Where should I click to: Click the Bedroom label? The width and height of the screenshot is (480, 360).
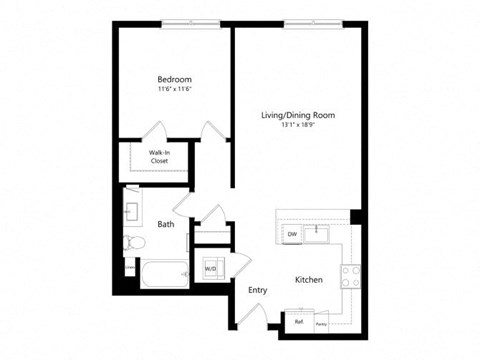pos(173,79)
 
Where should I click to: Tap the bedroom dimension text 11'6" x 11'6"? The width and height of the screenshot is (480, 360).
pos(173,90)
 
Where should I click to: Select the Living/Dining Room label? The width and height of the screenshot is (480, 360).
pos(298,115)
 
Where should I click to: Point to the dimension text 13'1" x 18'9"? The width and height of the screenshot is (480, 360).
pos(298,126)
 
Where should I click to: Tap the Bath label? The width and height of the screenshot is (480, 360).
pos(165,224)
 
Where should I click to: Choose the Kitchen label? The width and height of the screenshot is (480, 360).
pos(308,281)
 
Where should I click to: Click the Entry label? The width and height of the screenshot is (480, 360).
pos(258,290)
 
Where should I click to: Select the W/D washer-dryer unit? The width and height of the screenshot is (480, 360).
pos(212,268)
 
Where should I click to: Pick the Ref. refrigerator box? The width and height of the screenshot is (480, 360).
pos(298,322)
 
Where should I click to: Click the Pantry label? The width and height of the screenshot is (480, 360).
pos(322,323)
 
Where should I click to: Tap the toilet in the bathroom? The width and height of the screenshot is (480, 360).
pos(131,241)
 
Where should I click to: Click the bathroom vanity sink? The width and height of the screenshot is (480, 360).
pos(131,213)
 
